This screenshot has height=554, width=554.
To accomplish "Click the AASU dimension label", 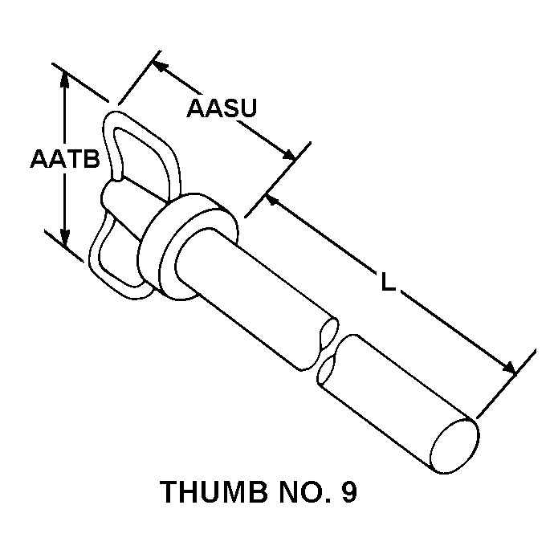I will [x=221, y=108].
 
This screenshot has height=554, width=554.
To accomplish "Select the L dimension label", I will [x=389, y=283].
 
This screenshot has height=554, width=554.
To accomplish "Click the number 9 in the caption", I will [x=348, y=491].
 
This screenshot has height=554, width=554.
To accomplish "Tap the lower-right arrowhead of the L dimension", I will [x=507, y=367].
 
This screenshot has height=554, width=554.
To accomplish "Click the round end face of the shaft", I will [x=457, y=441].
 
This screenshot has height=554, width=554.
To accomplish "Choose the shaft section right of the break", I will [x=393, y=393].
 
